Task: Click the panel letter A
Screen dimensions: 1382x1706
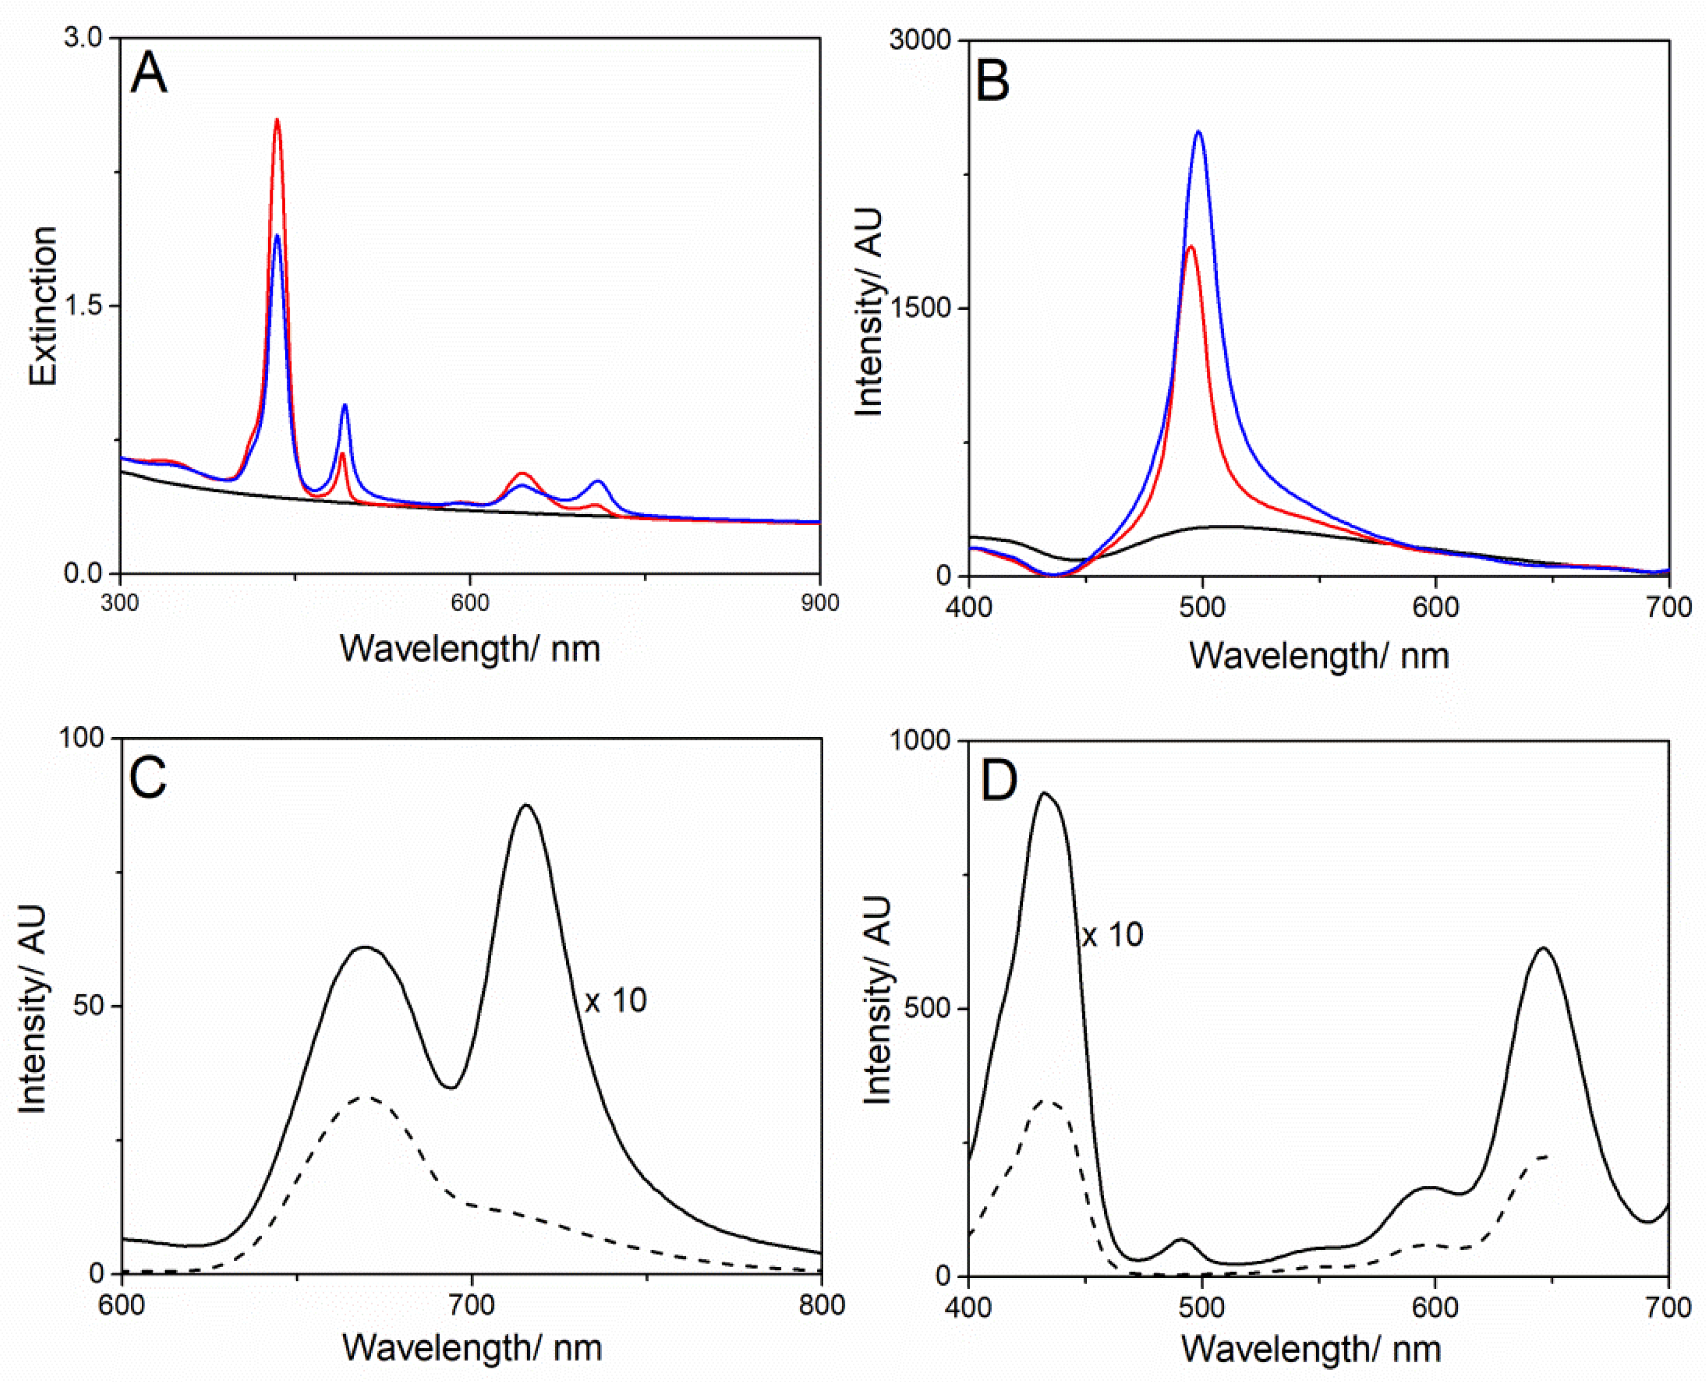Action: (x=149, y=73)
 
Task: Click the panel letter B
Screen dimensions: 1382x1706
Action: (x=992, y=81)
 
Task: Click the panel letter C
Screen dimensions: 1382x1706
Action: (x=148, y=777)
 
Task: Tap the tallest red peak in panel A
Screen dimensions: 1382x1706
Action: (x=277, y=121)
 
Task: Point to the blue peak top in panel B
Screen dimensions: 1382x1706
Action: (x=1198, y=133)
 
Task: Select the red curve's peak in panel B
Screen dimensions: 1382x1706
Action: (x=1191, y=248)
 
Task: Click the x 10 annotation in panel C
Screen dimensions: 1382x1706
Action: (x=615, y=1001)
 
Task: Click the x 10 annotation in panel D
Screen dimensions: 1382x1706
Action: (x=1112, y=935)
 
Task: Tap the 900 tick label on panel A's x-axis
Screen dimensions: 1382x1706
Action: (x=819, y=603)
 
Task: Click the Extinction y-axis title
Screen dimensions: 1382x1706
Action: (x=44, y=306)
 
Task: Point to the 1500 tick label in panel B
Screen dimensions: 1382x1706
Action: (x=920, y=308)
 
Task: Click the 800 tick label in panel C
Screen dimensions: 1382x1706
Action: (x=822, y=1305)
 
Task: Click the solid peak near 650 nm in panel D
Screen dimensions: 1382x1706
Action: (x=1544, y=948)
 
